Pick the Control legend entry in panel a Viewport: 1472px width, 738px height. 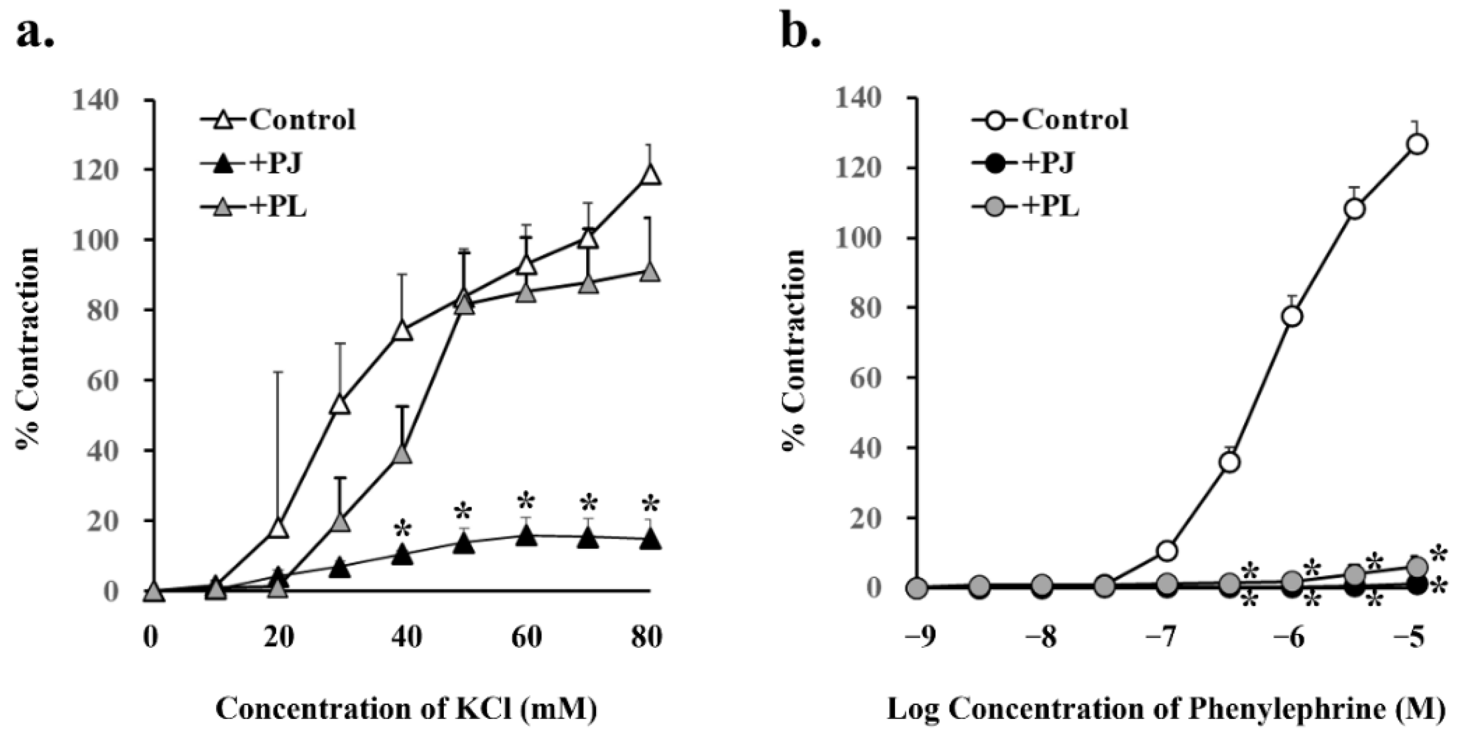[302, 120]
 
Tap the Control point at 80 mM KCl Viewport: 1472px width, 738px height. [650, 175]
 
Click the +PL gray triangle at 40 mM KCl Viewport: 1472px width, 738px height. [403, 454]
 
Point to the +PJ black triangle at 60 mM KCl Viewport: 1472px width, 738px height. [526, 536]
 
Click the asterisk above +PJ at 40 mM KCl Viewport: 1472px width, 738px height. [403, 528]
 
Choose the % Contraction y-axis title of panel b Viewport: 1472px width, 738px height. [795, 348]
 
